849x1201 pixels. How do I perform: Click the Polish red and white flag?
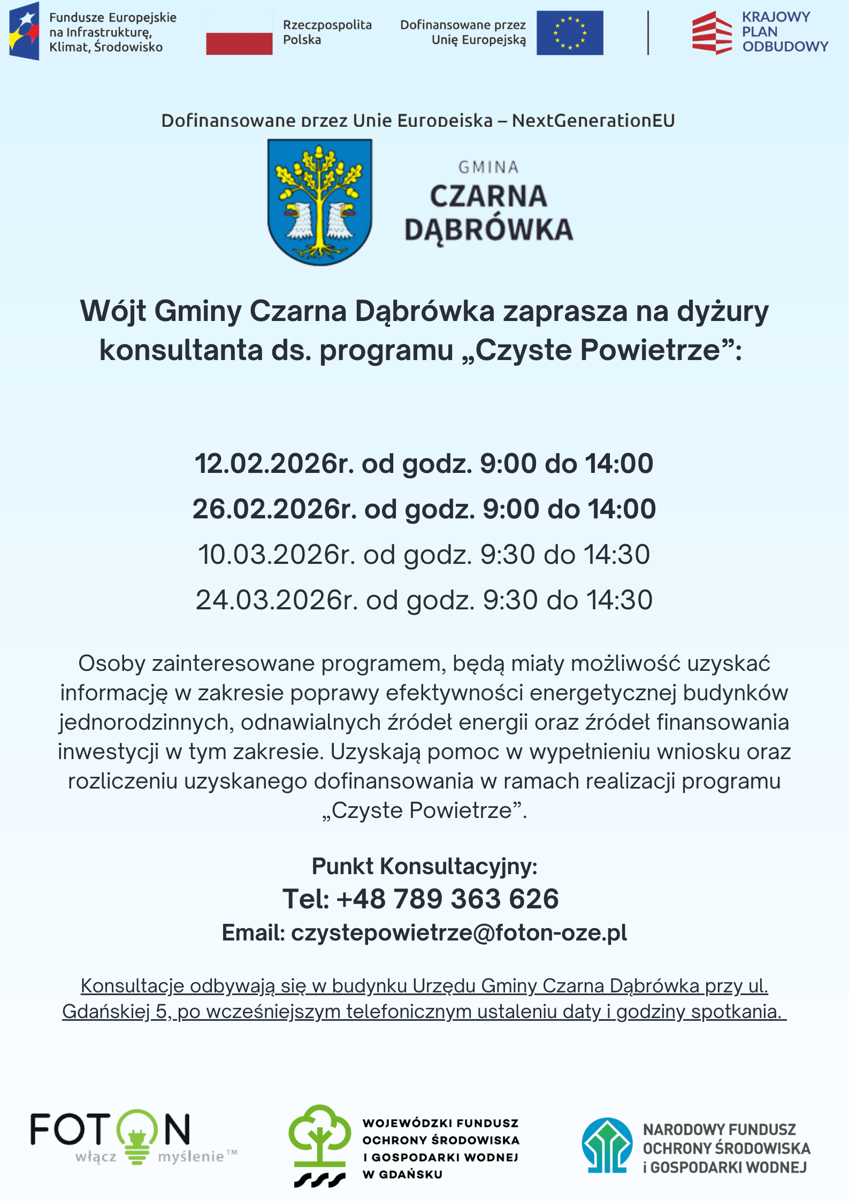[239, 33]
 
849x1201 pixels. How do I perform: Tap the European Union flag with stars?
[570, 33]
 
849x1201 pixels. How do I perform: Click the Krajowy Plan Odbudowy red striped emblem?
[712, 33]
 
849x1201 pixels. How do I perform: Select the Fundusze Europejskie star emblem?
[24, 31]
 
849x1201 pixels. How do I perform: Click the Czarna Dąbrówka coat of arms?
[319, 201]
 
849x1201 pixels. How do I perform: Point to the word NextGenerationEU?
[593, 121]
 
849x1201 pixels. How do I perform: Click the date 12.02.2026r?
[274, 463]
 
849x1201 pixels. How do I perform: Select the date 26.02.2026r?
[274, 509]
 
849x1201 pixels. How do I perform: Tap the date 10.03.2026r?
[277, 554]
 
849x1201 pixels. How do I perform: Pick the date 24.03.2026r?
[277, 600]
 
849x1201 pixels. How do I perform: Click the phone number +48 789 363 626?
[447, 899]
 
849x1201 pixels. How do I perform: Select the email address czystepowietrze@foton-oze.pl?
[458, 933]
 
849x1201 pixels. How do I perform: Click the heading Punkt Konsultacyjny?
[424, 866]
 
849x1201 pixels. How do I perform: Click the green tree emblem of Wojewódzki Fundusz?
[319, 1137]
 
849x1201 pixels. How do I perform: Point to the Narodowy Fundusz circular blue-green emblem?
[607, 1145]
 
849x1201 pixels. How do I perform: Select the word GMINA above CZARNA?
[488, 167]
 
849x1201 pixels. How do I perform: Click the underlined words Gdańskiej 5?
[116, 1012]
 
